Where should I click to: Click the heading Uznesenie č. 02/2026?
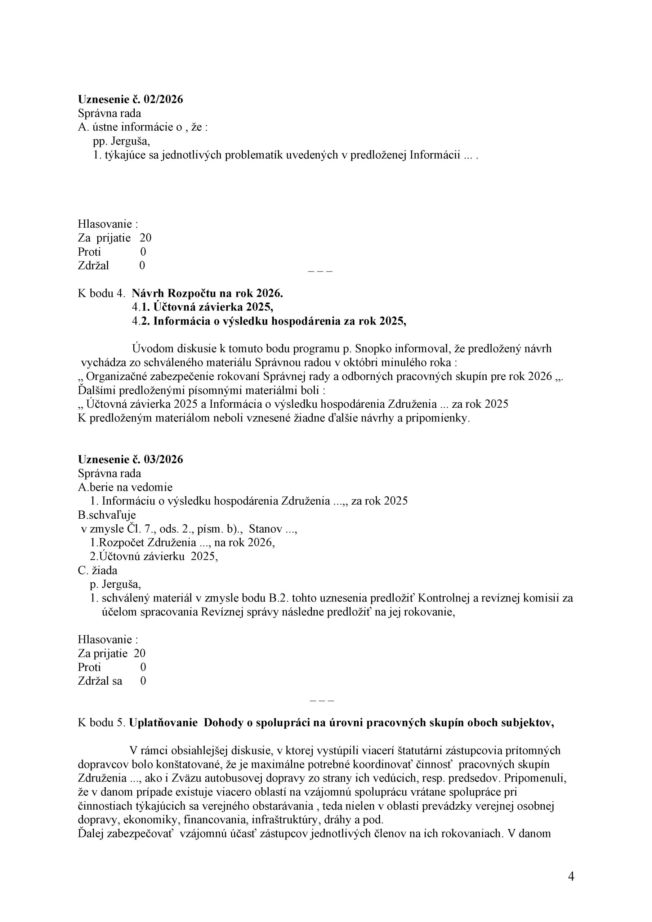130,99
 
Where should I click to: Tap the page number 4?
571,877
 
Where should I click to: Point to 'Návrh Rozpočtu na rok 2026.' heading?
207,294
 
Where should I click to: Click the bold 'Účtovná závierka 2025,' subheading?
208,307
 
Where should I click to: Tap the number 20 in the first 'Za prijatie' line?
146,238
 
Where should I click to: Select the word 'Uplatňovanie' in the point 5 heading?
164,734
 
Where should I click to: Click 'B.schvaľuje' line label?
107,515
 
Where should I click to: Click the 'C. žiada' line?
98,570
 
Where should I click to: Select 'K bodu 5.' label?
102,734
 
